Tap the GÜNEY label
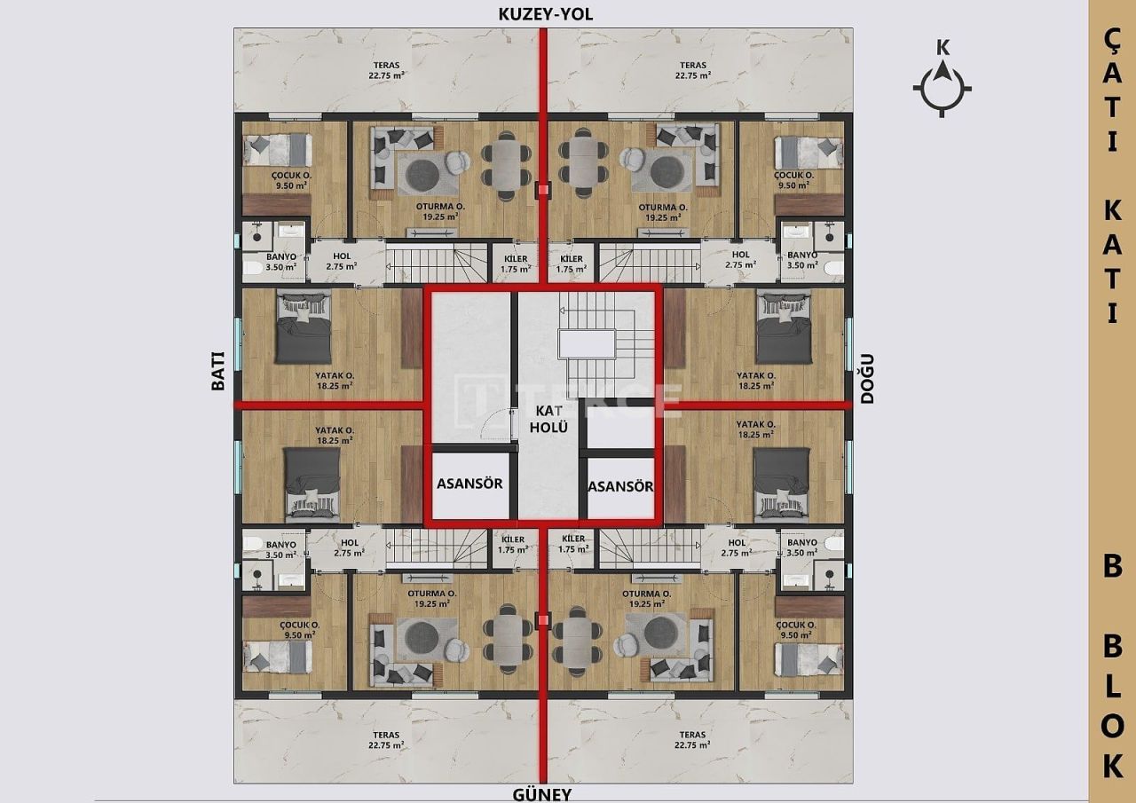[541, 794]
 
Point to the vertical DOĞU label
[867, 378]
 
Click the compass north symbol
[943, 86]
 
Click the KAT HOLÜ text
[549, 418]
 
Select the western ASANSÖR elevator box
[470, 484]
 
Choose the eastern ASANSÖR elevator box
[621, 486]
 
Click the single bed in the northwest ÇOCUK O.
[275, 149]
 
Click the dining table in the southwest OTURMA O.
[505, 636]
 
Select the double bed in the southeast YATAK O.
[781, 484]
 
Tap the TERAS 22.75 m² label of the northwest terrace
[387, 70]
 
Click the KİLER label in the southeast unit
[573, 543]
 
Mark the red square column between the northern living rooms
[543, 188]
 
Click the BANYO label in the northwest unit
[280, 260]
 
